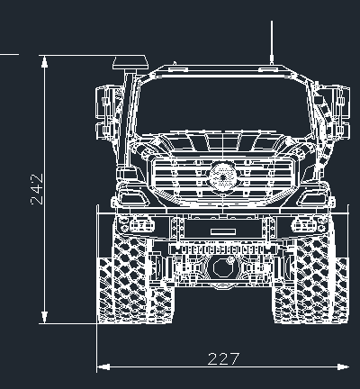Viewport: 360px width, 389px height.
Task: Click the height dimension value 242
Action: [37, 189]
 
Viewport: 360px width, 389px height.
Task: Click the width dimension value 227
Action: [223, 359]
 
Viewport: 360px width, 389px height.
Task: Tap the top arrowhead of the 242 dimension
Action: [44, 62]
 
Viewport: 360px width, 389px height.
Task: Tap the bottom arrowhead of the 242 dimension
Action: [44, 317]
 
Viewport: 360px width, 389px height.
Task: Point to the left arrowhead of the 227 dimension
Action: [103, 366]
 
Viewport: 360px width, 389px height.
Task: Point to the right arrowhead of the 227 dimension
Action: [343, 366]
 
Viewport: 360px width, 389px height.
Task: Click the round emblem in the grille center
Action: [223, 177]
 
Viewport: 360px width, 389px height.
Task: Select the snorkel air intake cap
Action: [130, 64]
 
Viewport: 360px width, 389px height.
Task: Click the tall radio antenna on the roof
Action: [272, 42]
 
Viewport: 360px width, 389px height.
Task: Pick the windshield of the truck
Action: [223, 106]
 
